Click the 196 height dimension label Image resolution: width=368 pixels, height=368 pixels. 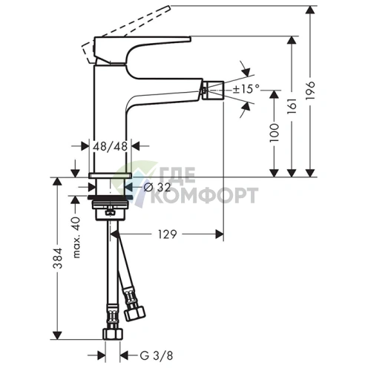click(310, 91)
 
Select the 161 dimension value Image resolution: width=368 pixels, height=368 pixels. click(292, 106)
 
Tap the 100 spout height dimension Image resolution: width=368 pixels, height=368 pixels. click(274, 133)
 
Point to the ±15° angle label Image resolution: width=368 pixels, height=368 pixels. click(246, 89)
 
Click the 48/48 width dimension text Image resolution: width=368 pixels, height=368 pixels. click(110, 146)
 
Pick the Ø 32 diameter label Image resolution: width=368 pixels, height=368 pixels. click(157, 188)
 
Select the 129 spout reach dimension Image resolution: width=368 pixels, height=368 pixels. click(168, 234)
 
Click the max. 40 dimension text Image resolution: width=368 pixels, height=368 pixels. click(76, 237)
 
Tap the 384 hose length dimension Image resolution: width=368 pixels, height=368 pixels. click(57, 258)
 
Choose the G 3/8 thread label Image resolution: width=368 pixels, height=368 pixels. click(157, 356)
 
